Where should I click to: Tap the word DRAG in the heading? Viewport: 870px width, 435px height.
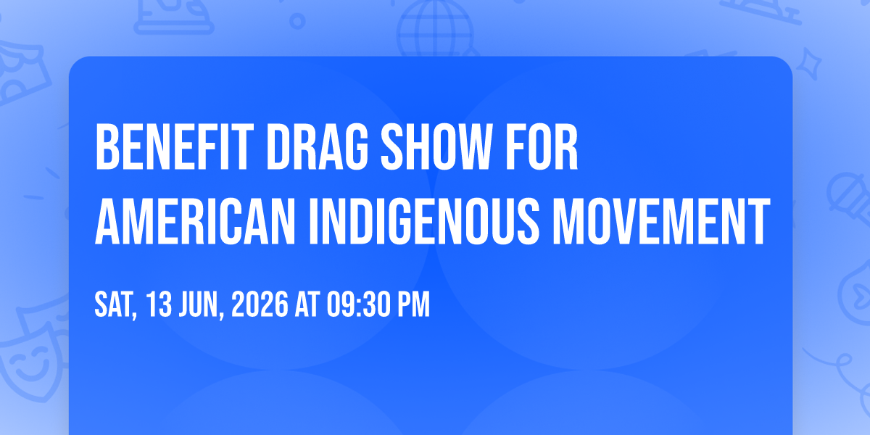tap(317, 146)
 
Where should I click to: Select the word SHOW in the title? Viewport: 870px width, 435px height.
tap(436, 146)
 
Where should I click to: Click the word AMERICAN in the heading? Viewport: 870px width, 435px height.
tap(194, 221)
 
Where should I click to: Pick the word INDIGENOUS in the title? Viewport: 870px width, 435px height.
tap(424, 221)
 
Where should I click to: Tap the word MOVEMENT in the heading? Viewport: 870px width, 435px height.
tap(662, 221)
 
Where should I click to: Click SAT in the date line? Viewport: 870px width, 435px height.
tap(115, 305)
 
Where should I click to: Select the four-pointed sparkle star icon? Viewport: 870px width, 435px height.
tap(809, 64)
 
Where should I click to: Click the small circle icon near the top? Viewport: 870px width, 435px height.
tap(297, 21)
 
